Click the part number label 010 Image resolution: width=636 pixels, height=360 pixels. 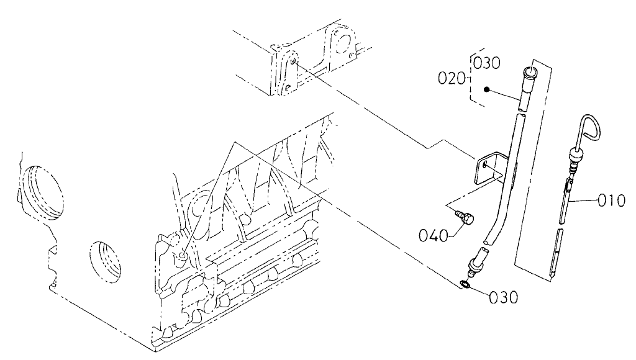point(612,200)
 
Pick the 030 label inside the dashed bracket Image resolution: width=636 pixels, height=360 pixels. point(487,63)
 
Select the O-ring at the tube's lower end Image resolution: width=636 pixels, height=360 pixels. point(465,285)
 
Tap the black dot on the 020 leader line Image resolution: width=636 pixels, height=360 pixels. point(489,89)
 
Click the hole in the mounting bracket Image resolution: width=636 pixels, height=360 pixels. point(483,165)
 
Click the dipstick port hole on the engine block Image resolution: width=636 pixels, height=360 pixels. point(182,256)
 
